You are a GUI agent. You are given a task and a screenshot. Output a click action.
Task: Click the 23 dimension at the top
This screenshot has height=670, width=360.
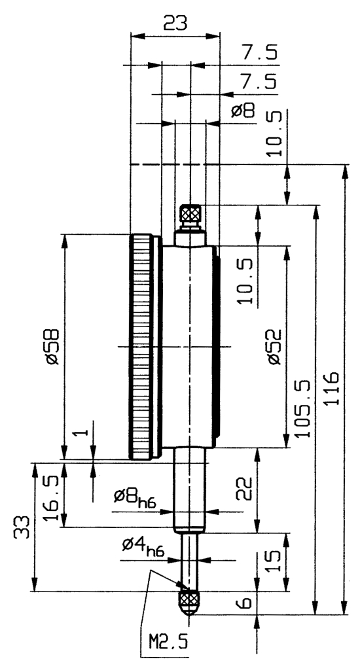[175, 23]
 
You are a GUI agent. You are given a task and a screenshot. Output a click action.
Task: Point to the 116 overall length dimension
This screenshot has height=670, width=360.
[332, 389]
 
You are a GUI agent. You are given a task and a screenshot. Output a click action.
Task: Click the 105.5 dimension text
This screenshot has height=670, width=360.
[302, 404]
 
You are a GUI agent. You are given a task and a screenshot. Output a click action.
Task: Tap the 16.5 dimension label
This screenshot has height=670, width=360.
[52, 493]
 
